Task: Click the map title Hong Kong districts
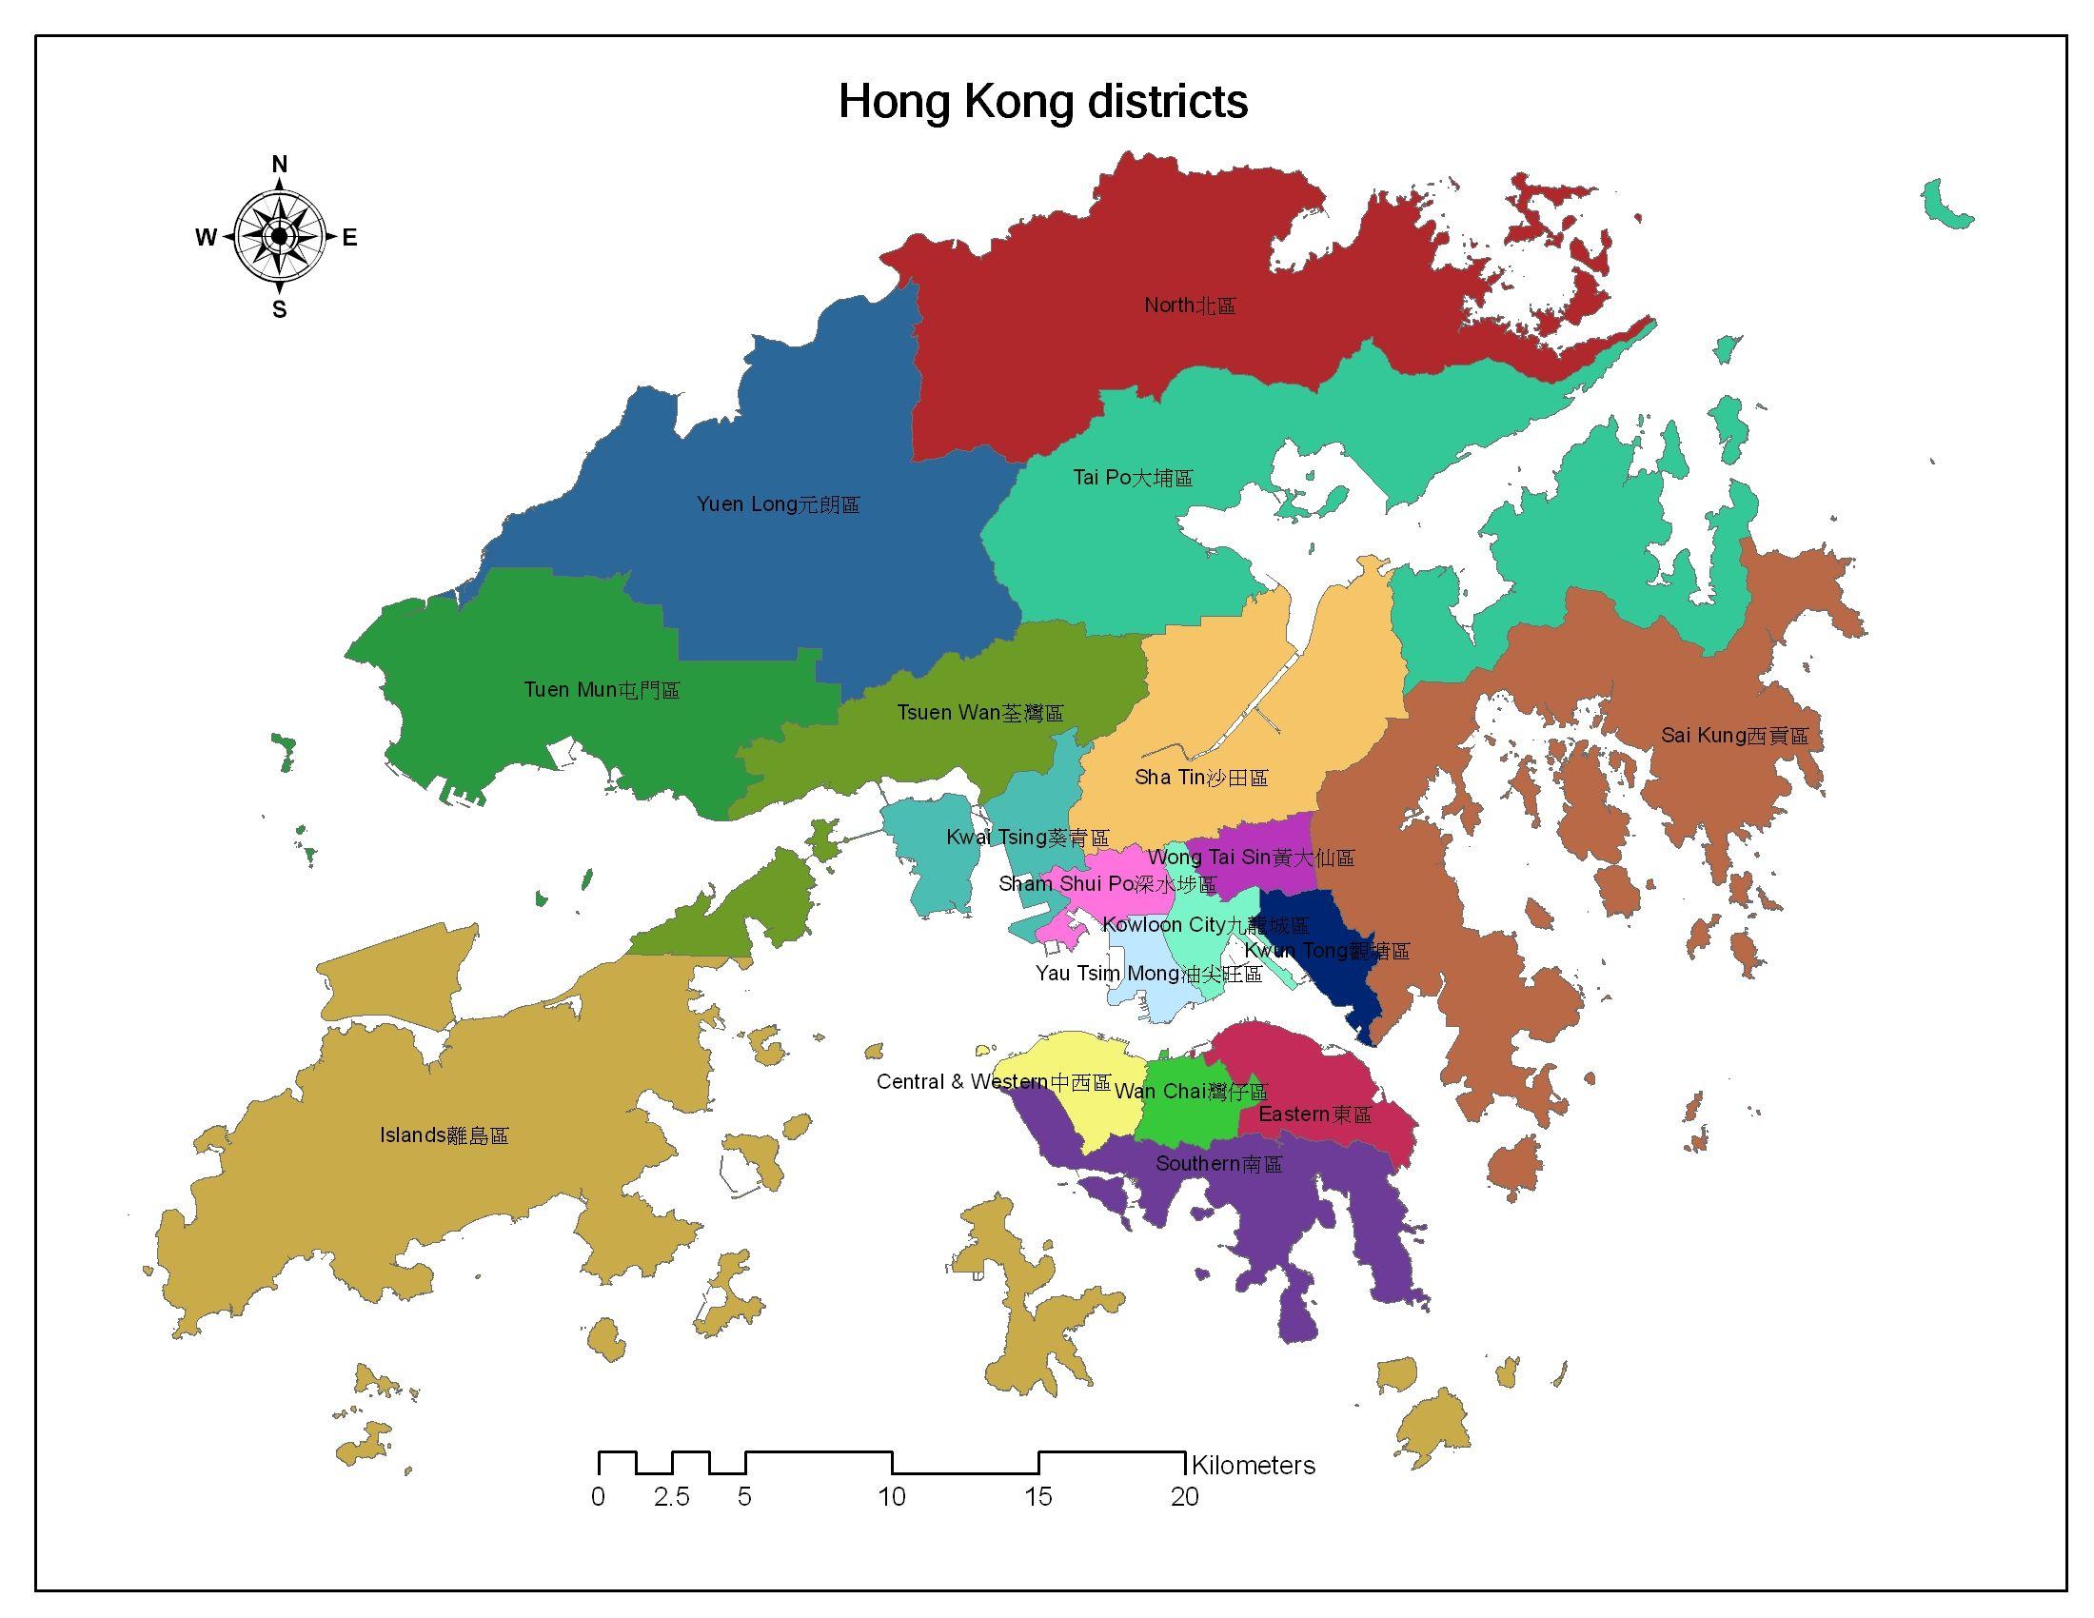tap(1042, 102)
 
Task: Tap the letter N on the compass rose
tap(279, 165)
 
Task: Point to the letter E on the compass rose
tap(349, 238)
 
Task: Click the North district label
tap(1189, 306)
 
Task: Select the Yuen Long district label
tap(778, 504)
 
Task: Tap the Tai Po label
tap(1133, 478)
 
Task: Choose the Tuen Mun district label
tap(602, 690)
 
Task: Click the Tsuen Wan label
tap(978, 713)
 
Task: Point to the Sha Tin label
tap(1200, 778)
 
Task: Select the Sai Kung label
tap(1733, 736)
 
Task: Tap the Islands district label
tap(443, 1135)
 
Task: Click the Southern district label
tap(1217, 1164)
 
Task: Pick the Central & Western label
tap(993, 1082)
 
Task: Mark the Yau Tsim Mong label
tap(1148, 974)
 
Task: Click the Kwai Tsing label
tap(1027, 838)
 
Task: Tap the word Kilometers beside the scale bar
tap(1253, 1466)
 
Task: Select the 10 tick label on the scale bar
tap(891, 1497)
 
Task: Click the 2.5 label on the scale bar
tap(671, 1497)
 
